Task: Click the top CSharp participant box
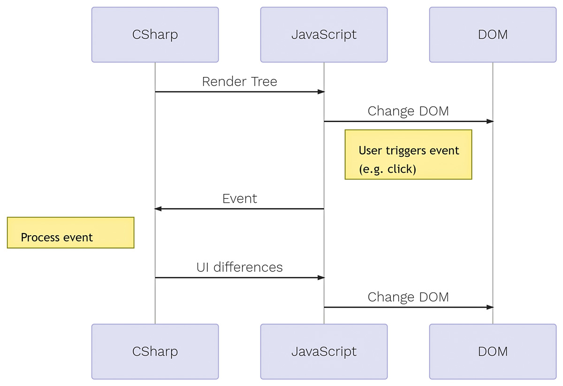tap(155, 35)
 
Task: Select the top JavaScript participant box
tap(324, 35)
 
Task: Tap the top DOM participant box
tap(493, 35)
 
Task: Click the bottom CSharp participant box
tap(155, 351)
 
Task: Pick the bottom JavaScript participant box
tap(324, 351)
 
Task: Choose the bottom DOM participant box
tap(493, 351)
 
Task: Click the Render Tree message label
tap(239, 82)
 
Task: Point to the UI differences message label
tap(239, 267)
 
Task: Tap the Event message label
tap(239, 198)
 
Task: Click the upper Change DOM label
tap(408, 111)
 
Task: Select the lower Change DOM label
tap(408, 297)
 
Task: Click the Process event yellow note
tap(70, 232)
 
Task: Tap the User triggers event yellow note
tap(408, 154)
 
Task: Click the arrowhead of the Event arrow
tap(158, 208)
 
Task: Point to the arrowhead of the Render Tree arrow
tap(321, 92)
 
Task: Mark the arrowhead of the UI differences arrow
tap(321, 278)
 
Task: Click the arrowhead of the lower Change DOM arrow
tap(490, 307)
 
